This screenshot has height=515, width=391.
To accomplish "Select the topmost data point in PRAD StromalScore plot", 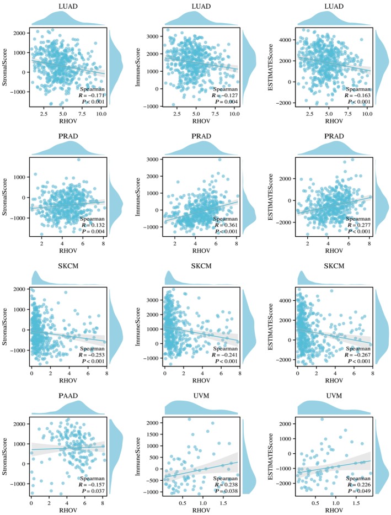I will pyautogui.click(x=78, y=160).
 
